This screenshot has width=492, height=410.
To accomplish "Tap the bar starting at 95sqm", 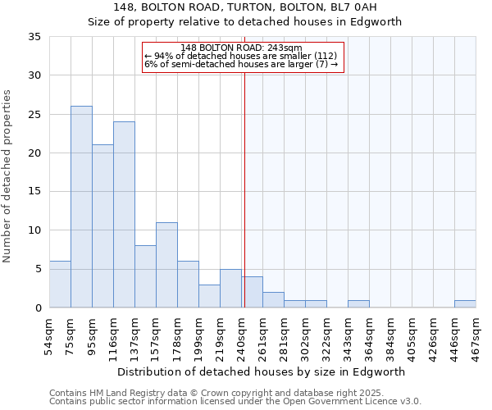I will coord(102,226).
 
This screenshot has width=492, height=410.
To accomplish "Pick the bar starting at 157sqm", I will coord(166,265).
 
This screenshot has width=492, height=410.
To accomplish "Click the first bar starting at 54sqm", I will coord(60,285).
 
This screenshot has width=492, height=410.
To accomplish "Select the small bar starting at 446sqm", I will coord(465,304).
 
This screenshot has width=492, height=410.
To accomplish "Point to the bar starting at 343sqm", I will coord(358,304).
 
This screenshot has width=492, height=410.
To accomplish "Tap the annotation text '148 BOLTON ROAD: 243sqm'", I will coord(241,48).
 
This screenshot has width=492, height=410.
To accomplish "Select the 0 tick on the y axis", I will coord(38,308).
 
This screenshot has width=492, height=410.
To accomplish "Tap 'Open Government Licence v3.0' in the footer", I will coord(351,402).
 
